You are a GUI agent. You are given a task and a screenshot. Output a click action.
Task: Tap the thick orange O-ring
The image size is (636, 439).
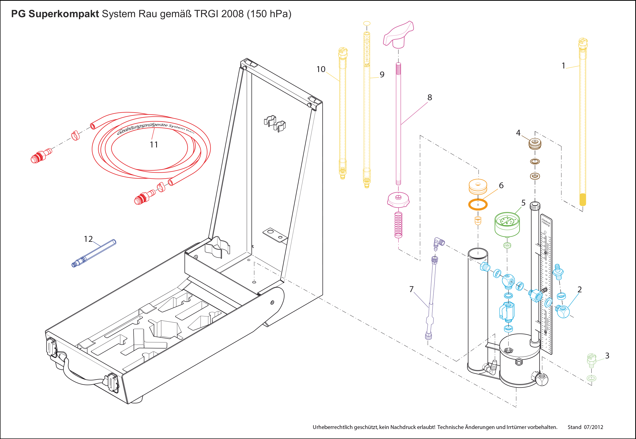(x=478, y=204)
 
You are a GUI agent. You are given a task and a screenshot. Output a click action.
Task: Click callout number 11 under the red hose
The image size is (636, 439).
(x=154, y=145)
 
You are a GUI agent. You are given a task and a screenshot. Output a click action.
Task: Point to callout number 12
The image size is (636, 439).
(x=88, y=239)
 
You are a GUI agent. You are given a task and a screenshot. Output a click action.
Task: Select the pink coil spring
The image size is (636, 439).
(x=398, y=225)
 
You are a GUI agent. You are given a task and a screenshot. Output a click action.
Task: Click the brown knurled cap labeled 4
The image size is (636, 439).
(x=535, y=144)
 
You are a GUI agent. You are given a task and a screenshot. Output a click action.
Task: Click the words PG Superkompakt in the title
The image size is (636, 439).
(x=55, y=14)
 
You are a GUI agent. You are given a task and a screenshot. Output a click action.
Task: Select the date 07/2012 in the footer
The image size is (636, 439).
(x=593, y=427)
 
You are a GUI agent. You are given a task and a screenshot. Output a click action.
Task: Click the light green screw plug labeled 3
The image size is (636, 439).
(x=591, y=361)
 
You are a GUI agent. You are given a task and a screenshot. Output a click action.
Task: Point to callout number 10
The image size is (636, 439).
(x=321, y=69)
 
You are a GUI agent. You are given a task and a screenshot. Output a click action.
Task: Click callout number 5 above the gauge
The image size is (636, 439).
(x=523, y=203)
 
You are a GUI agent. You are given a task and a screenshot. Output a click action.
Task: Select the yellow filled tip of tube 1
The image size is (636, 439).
(x=583, y=200)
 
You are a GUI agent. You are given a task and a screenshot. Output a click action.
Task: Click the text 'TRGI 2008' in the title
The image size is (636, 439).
(x=219, y=14)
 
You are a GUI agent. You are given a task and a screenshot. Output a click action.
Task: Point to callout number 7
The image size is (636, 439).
(x=412, y=289)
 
